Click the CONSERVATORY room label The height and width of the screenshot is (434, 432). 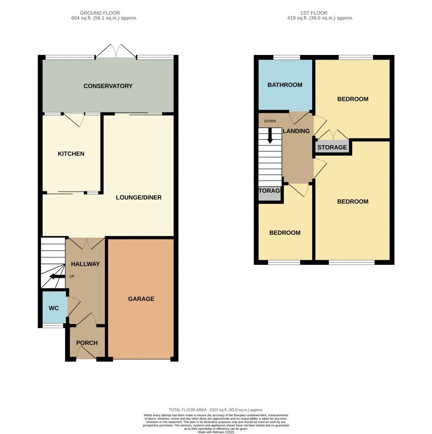(x=108, y=86)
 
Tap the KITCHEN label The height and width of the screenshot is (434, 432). (x=71, y=154)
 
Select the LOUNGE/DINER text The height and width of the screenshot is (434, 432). (x=139, y=197)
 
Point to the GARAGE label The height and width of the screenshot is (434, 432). (x=141, y=299)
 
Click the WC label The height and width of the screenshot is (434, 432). (x=54, y=308)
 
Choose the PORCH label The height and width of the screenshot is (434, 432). (x=86, y=343)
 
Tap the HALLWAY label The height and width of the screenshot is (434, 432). (x=85, y=264)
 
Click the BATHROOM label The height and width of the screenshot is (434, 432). (x=285, y=85)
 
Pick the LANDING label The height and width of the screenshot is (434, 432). (x=296, y=131)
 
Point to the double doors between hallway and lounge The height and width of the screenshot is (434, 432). (x=86, y=243)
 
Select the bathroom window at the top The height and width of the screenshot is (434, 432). (x=286, y=57)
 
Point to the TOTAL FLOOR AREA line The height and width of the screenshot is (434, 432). (x=216, y=410)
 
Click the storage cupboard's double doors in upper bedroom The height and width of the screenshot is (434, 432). (x=333, y=135)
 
